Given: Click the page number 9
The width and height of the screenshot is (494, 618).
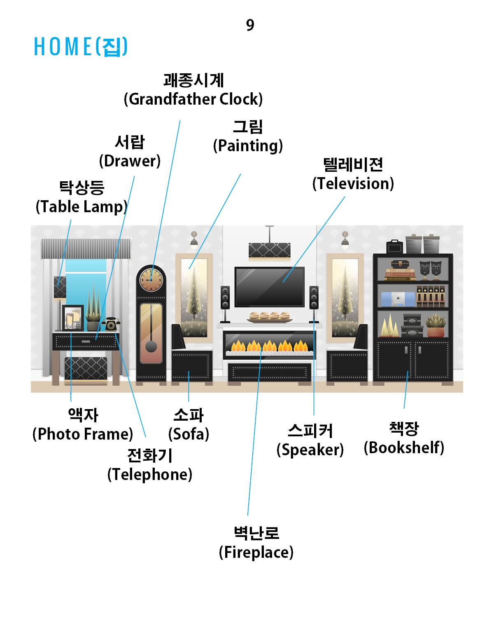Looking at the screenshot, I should (x=250, y=25).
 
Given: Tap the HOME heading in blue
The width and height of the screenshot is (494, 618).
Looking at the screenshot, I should (x=81, y=47).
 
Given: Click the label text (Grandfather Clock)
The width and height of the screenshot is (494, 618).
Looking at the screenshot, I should (x=193, y=99).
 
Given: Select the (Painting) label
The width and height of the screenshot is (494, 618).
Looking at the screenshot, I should (x=248, y=146).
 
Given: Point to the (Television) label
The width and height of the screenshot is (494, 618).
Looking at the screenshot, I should (x=353, y=184).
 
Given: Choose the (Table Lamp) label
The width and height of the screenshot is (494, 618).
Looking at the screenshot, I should (x=82, y=207).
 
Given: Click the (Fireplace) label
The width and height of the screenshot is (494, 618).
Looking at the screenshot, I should (x=256, y=552).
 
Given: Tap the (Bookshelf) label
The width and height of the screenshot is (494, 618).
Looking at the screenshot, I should (x=404, y=448).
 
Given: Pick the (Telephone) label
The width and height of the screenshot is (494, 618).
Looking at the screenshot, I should (x=150, y=475).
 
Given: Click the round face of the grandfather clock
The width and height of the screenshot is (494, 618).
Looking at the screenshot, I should (x=151, y=280).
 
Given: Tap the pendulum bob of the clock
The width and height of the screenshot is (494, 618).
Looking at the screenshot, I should (x=151, y=346).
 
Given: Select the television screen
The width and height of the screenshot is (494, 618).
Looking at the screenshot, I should (x=270, y=287).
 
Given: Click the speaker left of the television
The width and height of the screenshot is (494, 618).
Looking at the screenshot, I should (x=225, y=297).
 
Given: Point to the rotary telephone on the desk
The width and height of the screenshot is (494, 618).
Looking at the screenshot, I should (x=111, y=325).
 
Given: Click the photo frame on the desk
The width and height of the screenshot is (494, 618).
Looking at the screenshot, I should (x=73, y=318).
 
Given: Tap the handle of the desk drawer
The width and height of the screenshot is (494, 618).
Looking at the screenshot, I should (x=86, y=342).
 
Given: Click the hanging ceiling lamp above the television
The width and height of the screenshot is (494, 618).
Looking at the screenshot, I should (x=270, y=250).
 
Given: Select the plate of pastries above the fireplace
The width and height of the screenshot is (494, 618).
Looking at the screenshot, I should (x=270, y=317).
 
